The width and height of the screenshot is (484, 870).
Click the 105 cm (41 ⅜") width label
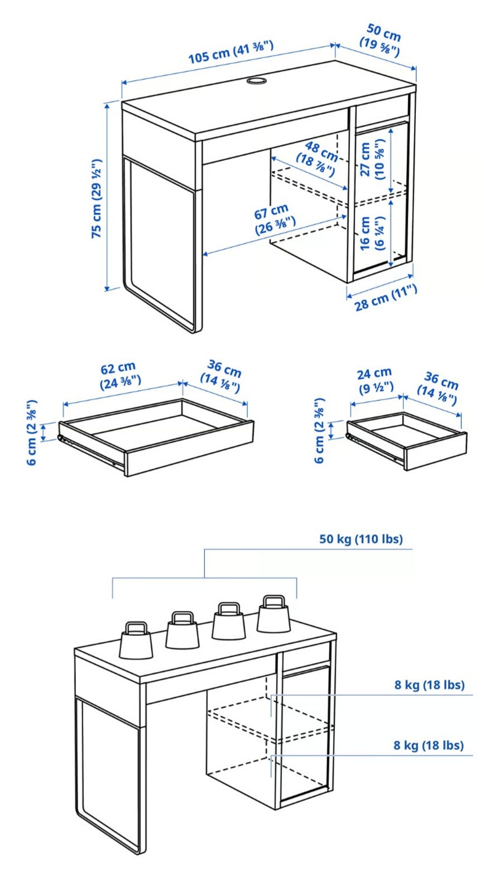click(x=231, y=52)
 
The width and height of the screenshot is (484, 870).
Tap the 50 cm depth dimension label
click(x=380, y=40)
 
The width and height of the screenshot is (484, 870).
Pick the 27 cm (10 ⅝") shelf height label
click(x=372, y=159)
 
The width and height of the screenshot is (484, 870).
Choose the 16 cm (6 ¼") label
click(x=372, y=233)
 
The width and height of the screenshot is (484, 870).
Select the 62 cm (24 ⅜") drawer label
click(x=120, y=376)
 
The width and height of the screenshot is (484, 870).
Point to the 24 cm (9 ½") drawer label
click(x=375, y=381)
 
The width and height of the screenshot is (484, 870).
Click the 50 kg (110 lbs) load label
click(x=361, y=539)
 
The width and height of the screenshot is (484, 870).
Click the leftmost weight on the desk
click(x=136, y=640)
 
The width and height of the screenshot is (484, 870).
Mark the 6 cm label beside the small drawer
click(x=319, y=431)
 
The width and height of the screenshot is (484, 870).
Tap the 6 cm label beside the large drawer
click(x=32, y=432)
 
